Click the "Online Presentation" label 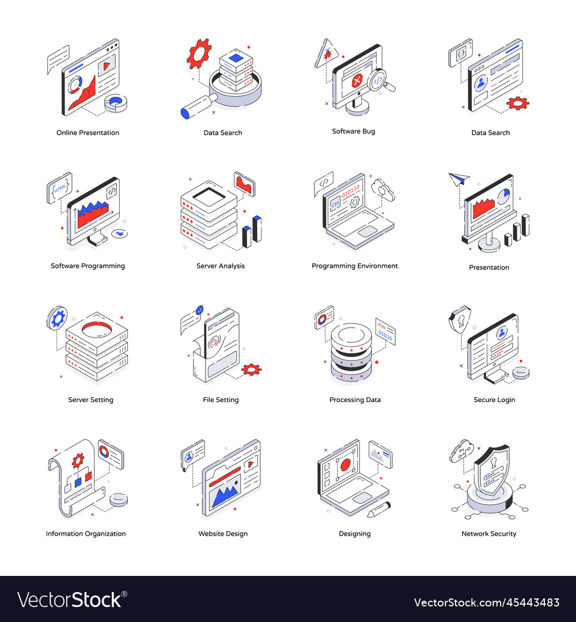88,132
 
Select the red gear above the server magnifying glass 199,54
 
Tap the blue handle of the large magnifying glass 186,113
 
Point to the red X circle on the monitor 357,81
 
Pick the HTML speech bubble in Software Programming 60,187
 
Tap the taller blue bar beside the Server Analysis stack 257,229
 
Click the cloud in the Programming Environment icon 382,189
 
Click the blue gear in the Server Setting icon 57,318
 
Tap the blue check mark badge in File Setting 200,309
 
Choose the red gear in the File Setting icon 251,369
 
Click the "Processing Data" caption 355,400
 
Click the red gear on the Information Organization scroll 78,460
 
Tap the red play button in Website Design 251,462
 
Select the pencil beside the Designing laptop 378,509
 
